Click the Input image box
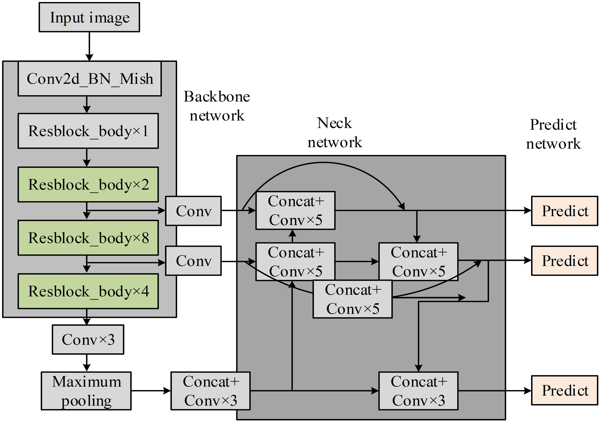click(89, 17)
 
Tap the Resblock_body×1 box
click(88, 131)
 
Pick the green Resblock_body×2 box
click(88, 184)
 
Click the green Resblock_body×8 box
click(88, 238)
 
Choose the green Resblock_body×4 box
click(88, 291)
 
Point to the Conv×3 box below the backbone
click(88, 339)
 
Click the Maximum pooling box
click(86, 391)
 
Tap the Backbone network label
click(217, 106)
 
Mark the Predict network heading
click(553, 134)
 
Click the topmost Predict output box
click(564, 211)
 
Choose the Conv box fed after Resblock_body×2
click(193, 211)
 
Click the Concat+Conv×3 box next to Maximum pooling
click(210, 391)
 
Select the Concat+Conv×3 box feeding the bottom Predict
click(418, 391)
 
